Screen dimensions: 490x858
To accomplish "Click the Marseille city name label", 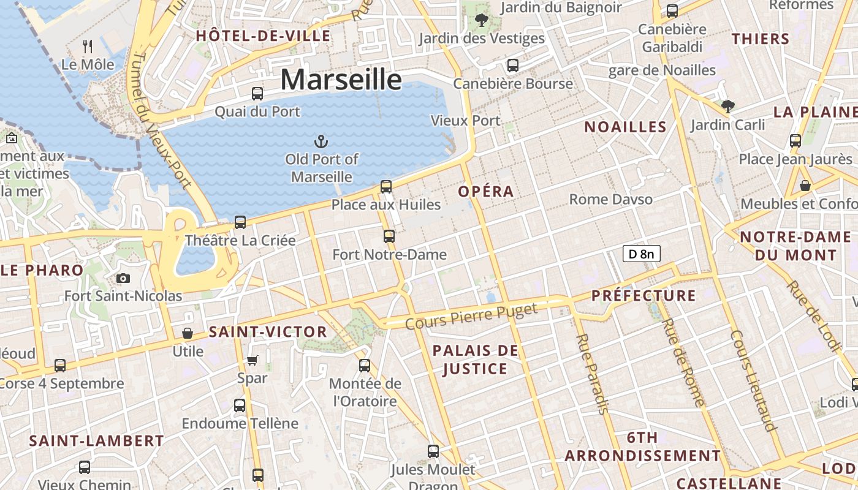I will (341, 80).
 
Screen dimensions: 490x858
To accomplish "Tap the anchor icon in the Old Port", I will (321, 142).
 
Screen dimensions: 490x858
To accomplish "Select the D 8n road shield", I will (642, 254).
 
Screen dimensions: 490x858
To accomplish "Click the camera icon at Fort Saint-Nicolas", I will (123, 279).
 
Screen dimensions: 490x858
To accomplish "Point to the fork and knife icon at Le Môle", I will (88, 46).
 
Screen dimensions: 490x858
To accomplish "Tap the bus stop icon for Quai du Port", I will (257, 94).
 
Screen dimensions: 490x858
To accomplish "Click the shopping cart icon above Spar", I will (252, 360).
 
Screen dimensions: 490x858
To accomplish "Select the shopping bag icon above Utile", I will (188, 333).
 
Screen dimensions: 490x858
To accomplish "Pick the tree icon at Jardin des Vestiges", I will (482, 20).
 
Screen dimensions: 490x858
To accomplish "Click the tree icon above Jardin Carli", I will (727, 107).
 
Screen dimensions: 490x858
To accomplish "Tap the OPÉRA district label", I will (486, 191).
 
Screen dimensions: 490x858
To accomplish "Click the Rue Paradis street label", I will (591, 374).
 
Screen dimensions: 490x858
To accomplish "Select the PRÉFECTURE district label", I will (643, 296).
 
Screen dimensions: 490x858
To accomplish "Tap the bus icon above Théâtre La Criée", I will (240, 222).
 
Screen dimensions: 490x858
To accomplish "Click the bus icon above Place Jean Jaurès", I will (795, 141).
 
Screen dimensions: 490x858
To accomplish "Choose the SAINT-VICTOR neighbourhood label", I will (268, 332).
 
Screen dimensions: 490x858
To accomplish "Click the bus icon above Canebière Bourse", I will (513, 65).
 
